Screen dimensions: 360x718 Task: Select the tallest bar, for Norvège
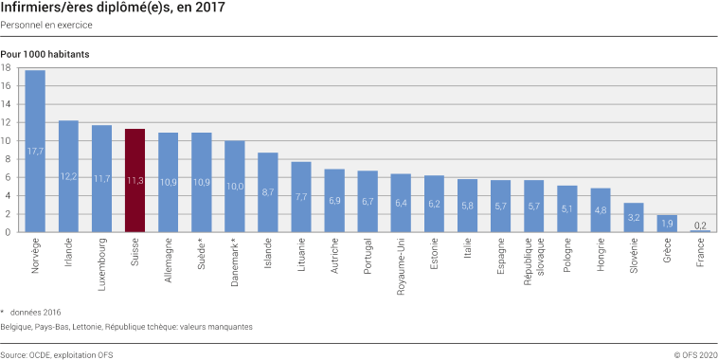click(35, 152)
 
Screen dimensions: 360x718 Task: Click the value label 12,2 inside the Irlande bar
click(68, 176)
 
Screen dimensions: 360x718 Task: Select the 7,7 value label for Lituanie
click(301, 197)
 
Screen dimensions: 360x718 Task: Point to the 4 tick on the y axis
click(7, 196)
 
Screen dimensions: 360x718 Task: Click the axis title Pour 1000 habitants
click(45, 54)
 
